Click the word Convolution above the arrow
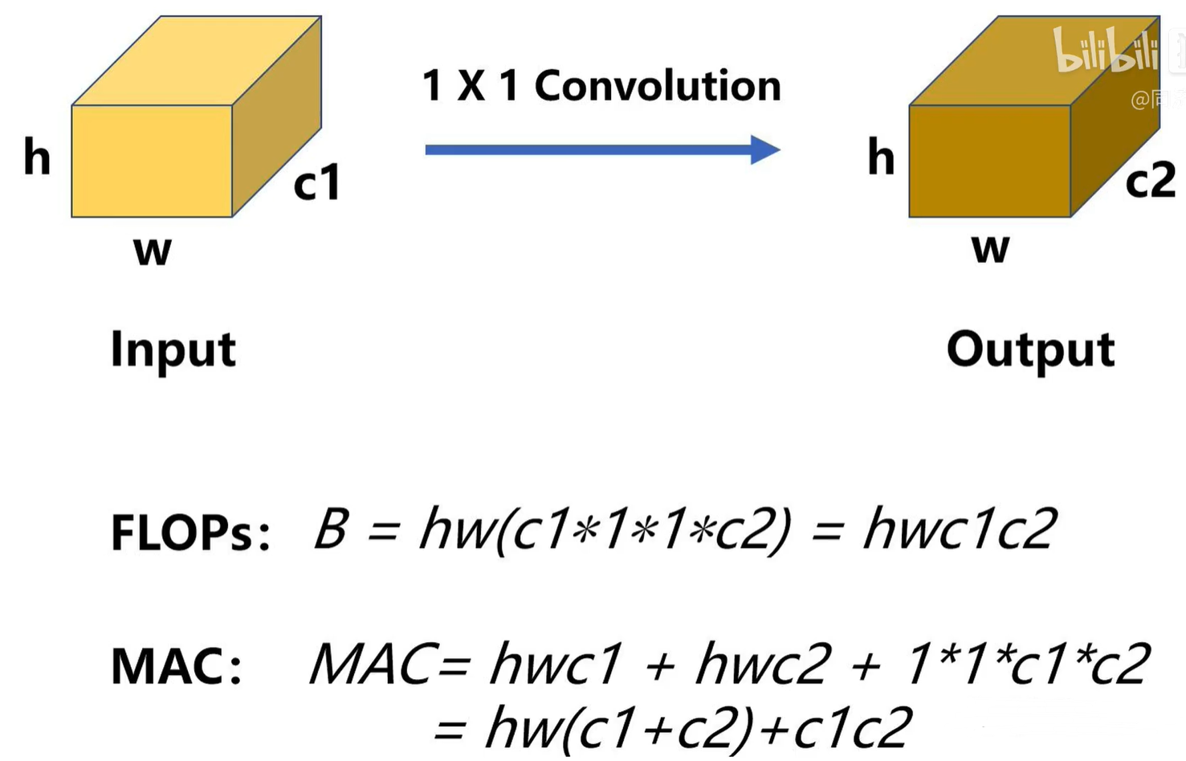[658, 86]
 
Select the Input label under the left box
[173, 350]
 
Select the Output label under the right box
[1030, 350]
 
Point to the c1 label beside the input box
[317, 182]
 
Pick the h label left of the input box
[37, 157]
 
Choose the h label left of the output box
[881, 157]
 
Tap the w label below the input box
[153, 252]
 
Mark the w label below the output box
[990, 249]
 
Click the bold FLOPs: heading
[190, 533]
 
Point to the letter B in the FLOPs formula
[331, 529]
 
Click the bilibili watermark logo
[1106, 50]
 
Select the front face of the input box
[152, 161]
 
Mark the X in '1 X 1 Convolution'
[471, 86]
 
